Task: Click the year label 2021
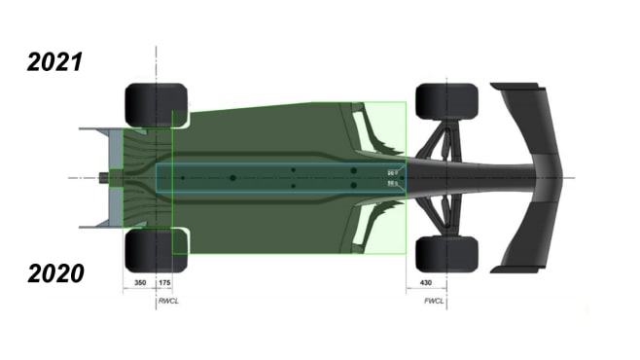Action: click(54, 62)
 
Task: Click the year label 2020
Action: click(54, 273)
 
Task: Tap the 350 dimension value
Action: click(139, 282)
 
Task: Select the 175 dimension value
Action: click(163, 282)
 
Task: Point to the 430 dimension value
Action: click(425, 282)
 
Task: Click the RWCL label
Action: click(168, 302)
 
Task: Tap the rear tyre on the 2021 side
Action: click(156, 105)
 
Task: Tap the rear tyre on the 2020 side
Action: click(156, 250)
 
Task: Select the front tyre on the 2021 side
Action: click(446, 102)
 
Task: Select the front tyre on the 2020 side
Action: click(446, 254)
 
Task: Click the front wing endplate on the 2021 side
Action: click(516, 88)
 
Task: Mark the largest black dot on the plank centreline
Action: click(232, 178)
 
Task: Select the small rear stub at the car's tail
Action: click(103, 178)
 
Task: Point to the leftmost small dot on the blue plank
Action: click(182, 178)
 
